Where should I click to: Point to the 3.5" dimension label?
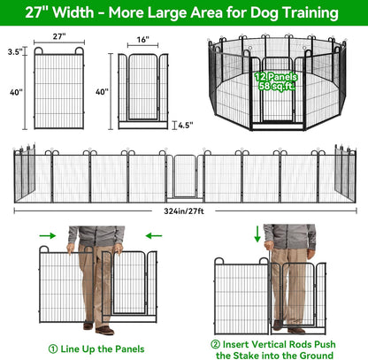point(12,53)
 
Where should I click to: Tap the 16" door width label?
point(142,39)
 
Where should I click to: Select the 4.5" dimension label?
point(183,125)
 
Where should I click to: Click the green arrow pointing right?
point(46,235)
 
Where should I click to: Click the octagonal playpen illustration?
point(276,84)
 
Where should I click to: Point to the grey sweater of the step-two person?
point(288,236)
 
